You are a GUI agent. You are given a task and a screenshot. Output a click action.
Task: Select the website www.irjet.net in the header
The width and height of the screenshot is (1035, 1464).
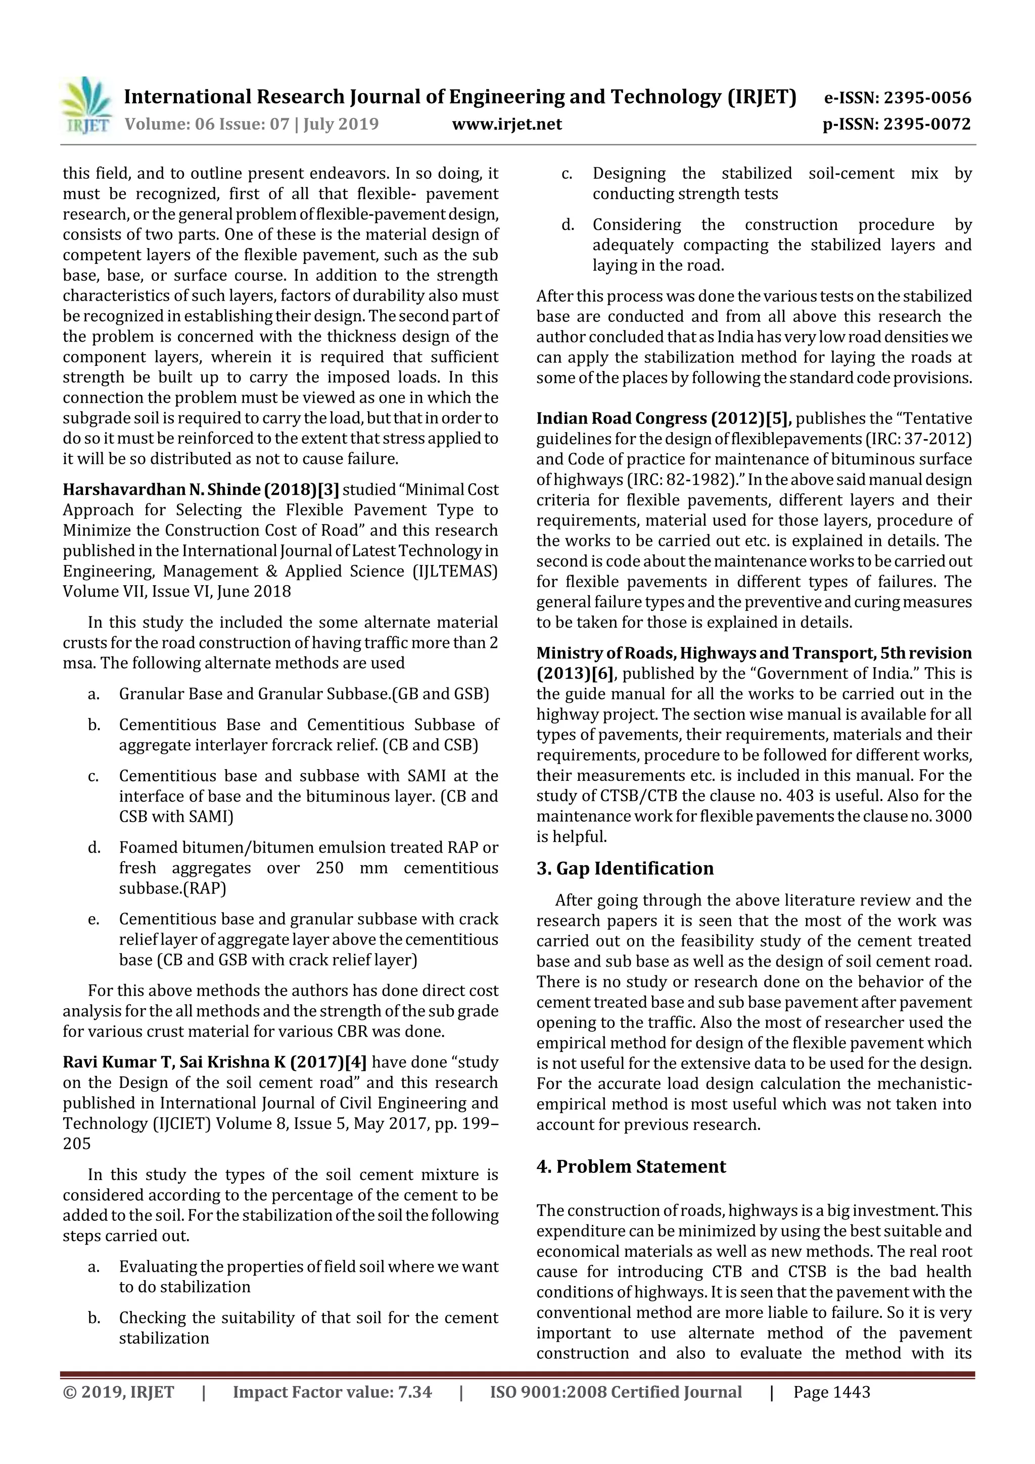point(507,124)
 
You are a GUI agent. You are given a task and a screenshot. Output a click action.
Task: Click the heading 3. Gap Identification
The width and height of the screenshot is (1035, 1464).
point(625,869)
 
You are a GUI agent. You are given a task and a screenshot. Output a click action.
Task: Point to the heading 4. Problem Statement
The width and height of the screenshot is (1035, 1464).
point(631,1166)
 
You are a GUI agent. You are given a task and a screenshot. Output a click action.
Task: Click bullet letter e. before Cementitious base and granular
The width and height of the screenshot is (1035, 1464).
point(93,919)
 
